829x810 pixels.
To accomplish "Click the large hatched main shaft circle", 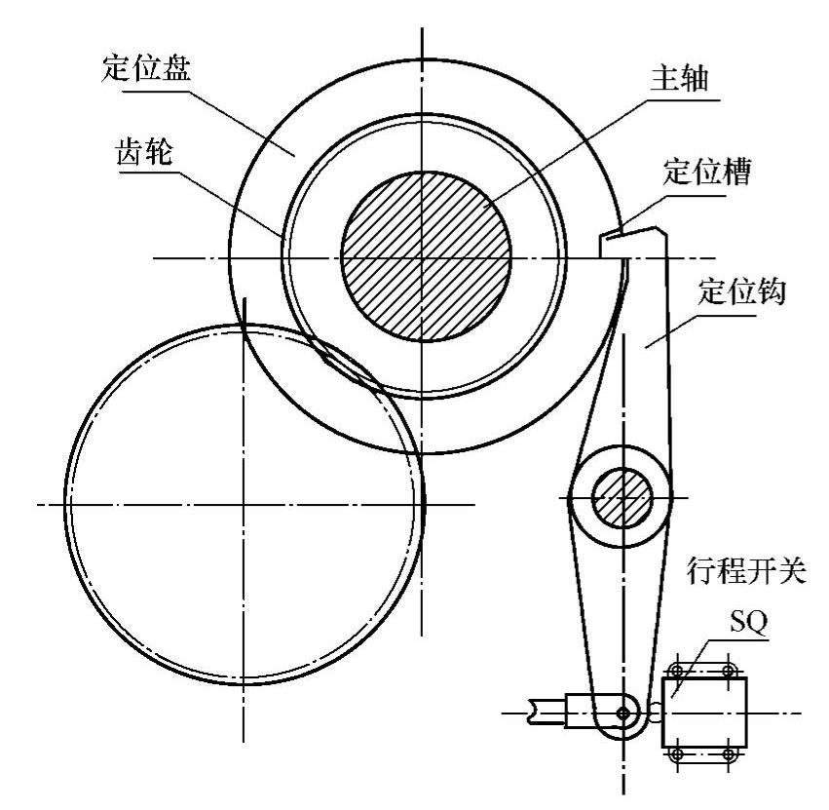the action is [426, 257].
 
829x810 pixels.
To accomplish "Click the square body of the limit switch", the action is [703, 713].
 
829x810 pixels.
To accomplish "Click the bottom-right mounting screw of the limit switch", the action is [728, 754].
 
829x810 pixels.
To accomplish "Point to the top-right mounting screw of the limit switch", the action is [728, 671].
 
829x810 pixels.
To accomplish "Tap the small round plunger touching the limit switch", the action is [655, 713].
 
